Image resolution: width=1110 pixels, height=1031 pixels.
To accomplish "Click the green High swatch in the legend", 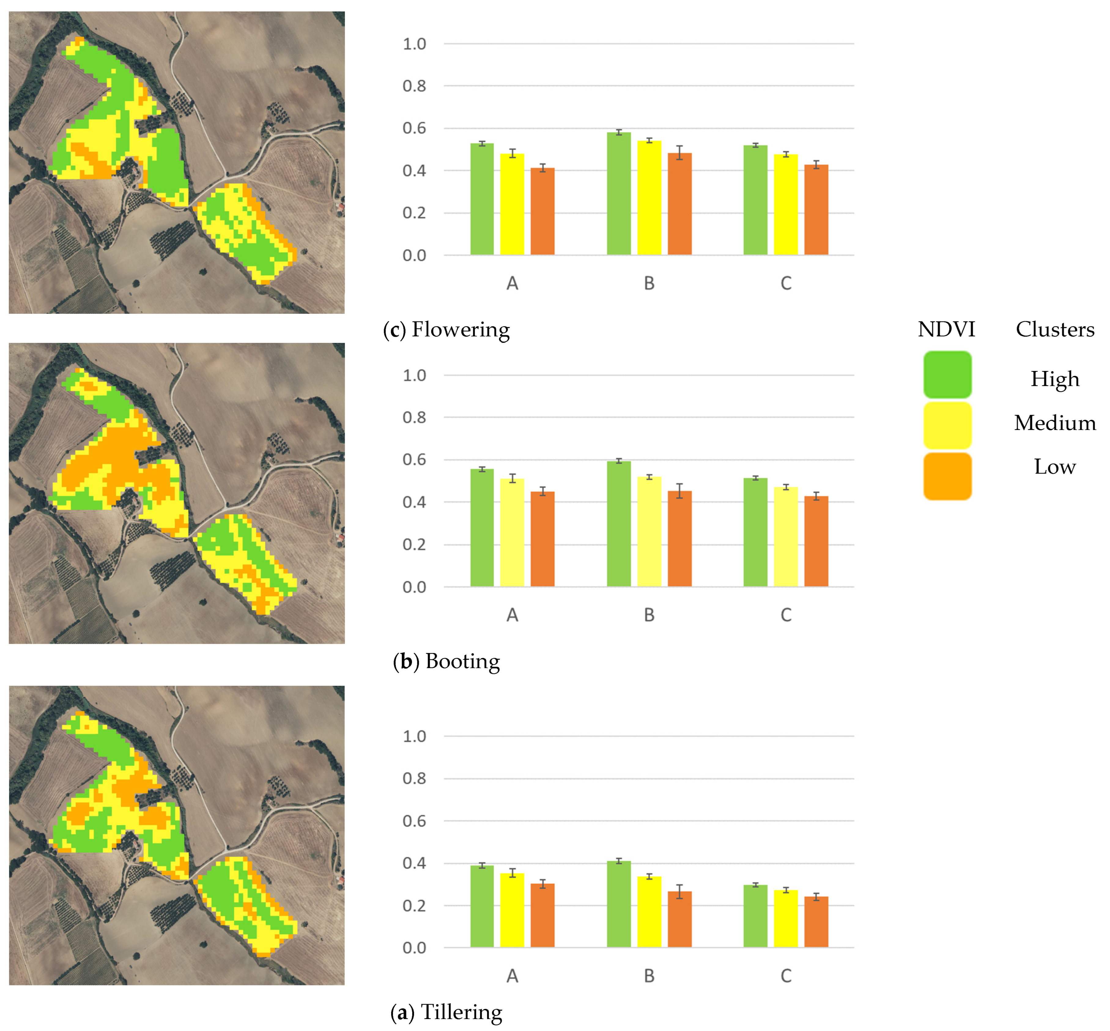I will (x=947, y=374).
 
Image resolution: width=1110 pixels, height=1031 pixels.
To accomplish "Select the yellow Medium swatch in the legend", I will (x=947, y=425).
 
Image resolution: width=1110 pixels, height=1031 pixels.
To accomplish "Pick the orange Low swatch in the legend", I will (x=947, y=476).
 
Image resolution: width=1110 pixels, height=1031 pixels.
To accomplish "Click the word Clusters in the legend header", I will (x=1055, y=329).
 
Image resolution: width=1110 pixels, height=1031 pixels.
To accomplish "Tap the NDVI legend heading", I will (x=946, y=329).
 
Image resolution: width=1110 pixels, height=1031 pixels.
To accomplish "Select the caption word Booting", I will (x=462, y=661).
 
